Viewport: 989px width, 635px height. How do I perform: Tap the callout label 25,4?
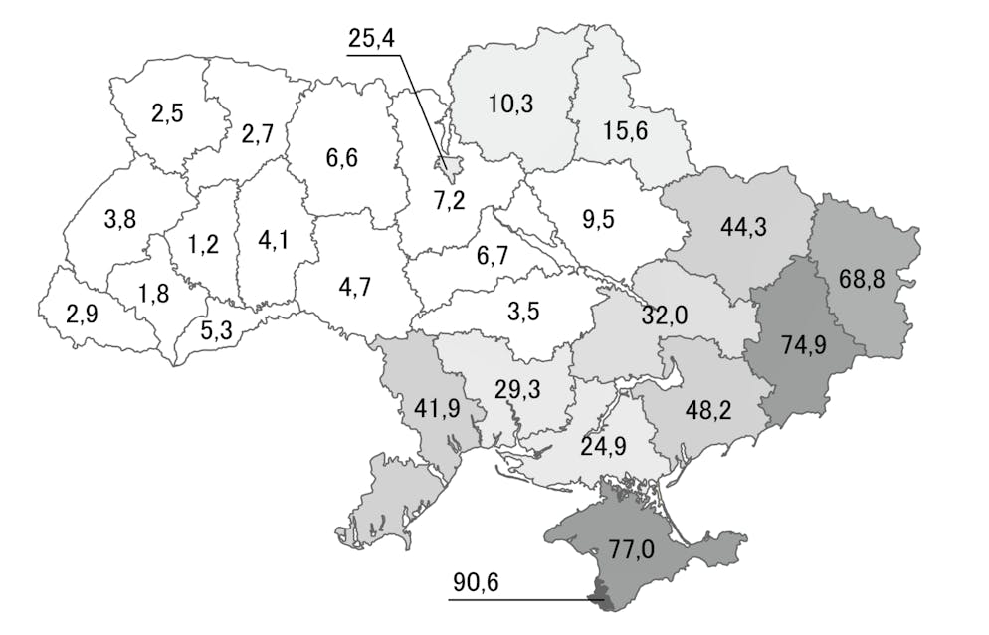coord(373,40)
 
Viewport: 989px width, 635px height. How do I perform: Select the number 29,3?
coord(517,388)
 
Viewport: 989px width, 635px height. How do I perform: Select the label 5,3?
coord(216,329)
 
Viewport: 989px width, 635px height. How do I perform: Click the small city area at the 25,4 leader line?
coord(448,164)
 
